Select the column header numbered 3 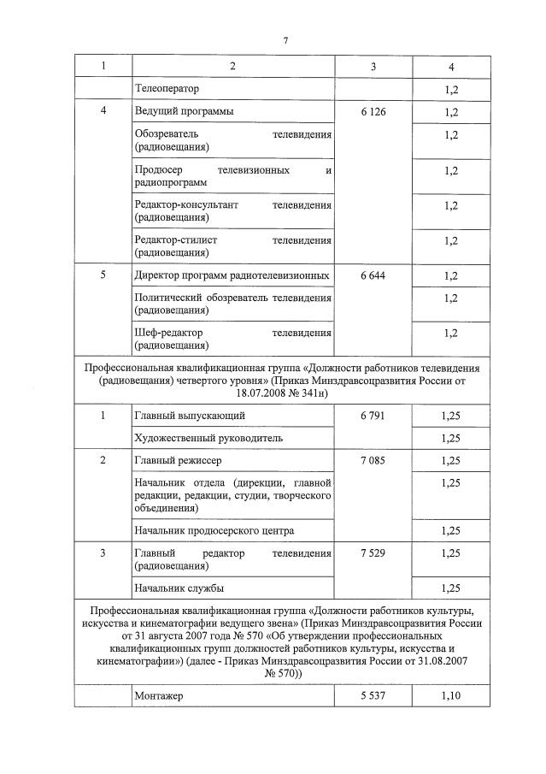pos(373,66)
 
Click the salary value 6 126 pos(373,112)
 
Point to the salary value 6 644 pos(373,275)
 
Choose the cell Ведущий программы pos(184,112)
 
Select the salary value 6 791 pos(373,416)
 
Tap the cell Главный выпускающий pos(190,416)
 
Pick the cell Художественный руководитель pos(208,438)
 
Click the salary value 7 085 pos(373,461)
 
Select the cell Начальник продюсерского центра pos(214,530)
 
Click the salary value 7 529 pos(373,553)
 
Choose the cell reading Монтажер pos(159,696)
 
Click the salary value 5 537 pos(373,696)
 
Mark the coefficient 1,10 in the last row pos(451,696)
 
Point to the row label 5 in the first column pos(103,275)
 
